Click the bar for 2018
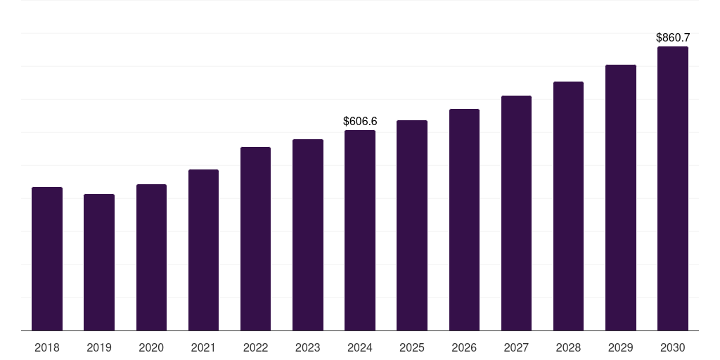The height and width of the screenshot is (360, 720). (x=47, y=259)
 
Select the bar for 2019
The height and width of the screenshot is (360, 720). (x=99, y=262)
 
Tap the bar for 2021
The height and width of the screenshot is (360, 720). (x=203, y=250)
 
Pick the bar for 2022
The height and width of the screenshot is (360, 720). (x=255, y=239)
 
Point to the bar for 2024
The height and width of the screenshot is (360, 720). (x=360, y=231)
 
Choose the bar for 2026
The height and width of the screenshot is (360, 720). (x=464, y=220)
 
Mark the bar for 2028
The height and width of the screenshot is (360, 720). (x=568, y=206)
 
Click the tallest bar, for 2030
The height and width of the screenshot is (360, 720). (x=673, y=188)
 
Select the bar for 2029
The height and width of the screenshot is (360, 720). (x=621, y=198)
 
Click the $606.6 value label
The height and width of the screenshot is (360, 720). (x=360, y=121)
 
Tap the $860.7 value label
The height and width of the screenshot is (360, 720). (x=673, y=38)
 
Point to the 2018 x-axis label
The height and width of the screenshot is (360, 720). (x=47, y=347)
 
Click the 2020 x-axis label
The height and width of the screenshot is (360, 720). (x=151, y=347)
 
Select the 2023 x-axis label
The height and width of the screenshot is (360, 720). (x=308, y=347)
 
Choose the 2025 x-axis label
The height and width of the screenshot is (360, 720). (x=412, y=347)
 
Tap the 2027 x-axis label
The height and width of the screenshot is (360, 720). (x=516, y=347)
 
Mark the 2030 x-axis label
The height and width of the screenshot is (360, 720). (x=673, y=347)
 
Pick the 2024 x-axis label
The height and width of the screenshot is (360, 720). (x=360, y=347)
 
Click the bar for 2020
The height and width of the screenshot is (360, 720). (x=151, y=257)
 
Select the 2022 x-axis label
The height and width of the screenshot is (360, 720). (x=255, y=347)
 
